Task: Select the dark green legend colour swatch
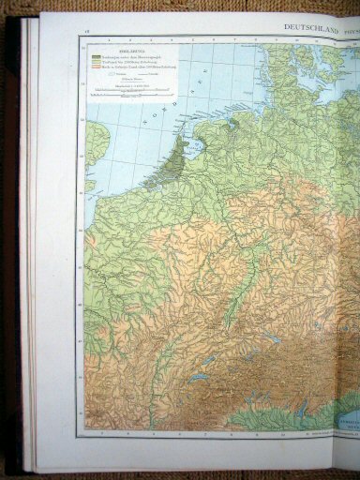(x=96, y=55)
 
